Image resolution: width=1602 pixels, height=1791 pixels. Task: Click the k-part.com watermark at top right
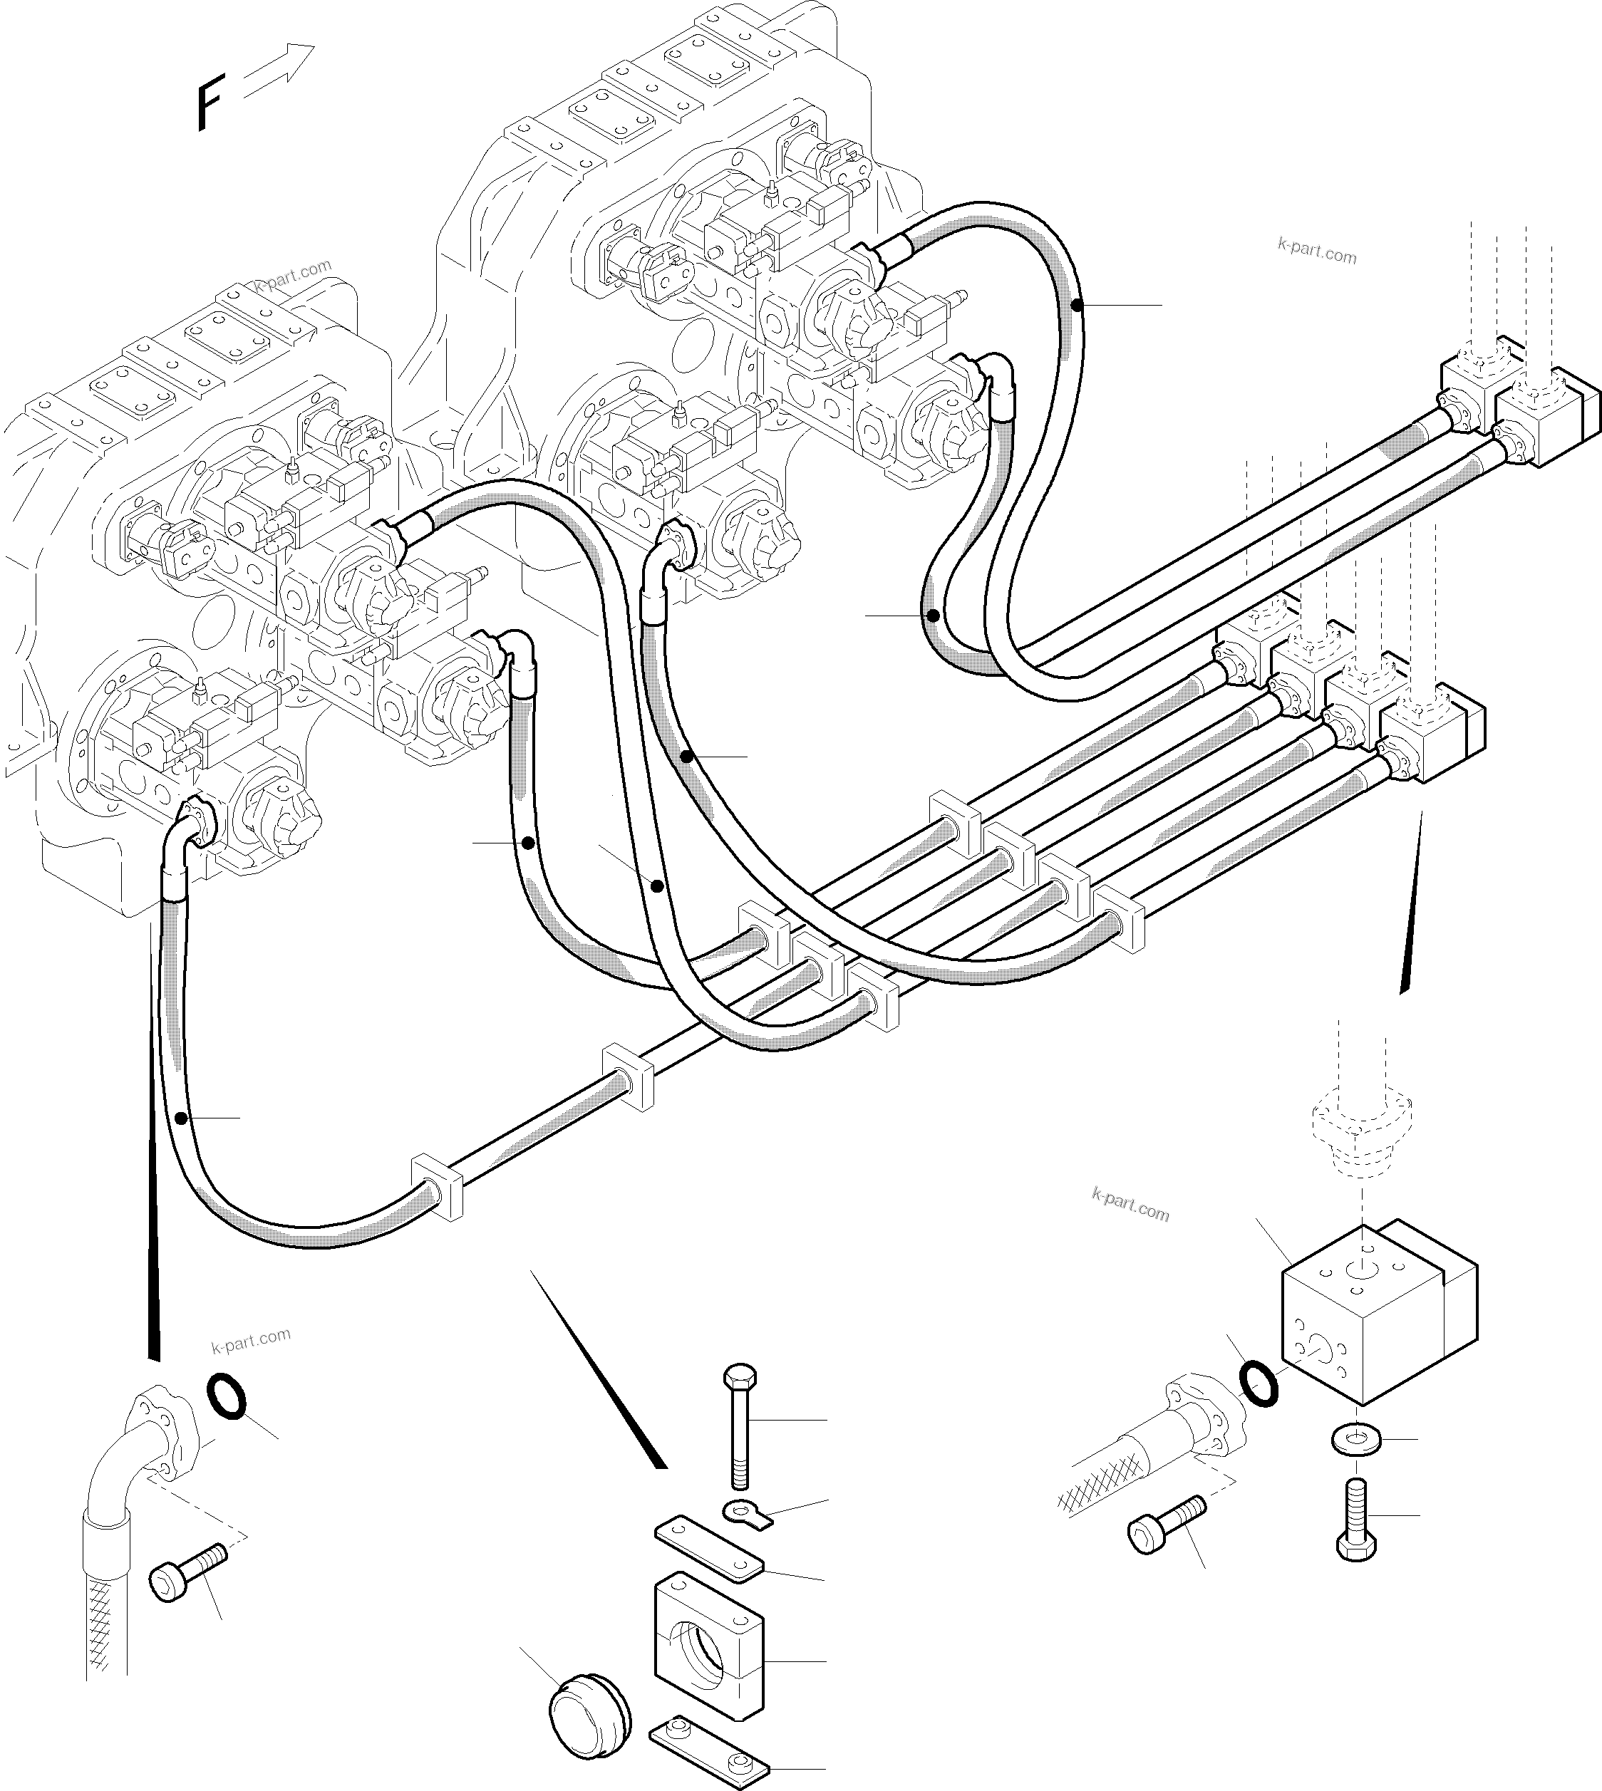[1317, 251]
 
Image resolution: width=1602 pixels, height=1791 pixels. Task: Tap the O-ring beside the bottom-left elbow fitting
[225, 1398]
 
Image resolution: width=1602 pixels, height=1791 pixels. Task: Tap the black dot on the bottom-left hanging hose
[180, 1118]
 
